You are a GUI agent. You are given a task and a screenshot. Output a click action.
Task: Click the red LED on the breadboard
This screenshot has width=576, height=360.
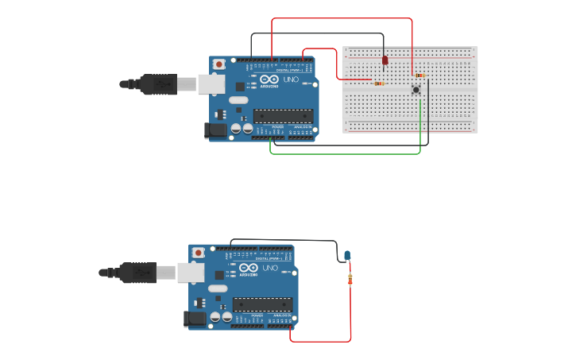coord(385,60)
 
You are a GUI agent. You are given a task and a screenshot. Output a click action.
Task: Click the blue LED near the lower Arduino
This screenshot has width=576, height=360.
coord(347,254)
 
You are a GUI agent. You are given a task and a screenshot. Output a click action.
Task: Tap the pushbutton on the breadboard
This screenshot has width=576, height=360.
coord(416,90)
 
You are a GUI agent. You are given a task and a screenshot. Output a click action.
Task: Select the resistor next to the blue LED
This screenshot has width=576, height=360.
coord(350,279)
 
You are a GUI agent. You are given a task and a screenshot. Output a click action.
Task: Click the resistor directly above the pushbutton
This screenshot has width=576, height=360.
coord(419,75)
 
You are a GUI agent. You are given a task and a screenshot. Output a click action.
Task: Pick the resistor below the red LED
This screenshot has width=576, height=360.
coord(379,83)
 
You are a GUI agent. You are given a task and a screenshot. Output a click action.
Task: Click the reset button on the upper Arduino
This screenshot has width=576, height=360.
coord(218,64)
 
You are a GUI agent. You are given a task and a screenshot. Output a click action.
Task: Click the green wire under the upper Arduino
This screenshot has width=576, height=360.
coord(342,153)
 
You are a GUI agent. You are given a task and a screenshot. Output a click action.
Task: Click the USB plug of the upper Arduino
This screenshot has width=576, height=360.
coord(151,83)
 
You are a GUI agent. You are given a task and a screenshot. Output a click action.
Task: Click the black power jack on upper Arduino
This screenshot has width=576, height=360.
coord(215,131)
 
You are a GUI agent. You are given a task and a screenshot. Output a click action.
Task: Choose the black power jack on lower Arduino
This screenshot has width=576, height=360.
coord(194,319)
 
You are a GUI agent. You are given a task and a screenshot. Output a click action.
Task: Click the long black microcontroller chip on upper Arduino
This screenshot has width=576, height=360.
coord(283,115)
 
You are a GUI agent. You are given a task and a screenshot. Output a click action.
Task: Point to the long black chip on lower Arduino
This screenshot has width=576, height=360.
coord(262,304)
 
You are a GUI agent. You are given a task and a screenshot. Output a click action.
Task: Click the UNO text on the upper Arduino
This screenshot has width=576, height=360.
coord(291,79)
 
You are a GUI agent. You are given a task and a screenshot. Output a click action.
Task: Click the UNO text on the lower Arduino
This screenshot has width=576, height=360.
coord(270,268)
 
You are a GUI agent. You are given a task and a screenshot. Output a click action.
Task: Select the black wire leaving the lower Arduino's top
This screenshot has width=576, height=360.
coord(286,240)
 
